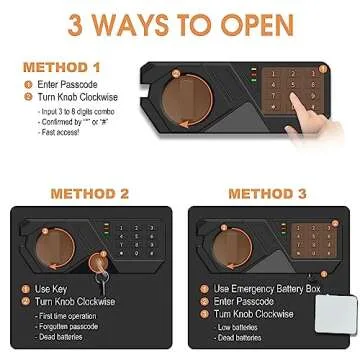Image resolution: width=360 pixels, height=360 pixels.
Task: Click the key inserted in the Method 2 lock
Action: (x=99, y=268)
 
